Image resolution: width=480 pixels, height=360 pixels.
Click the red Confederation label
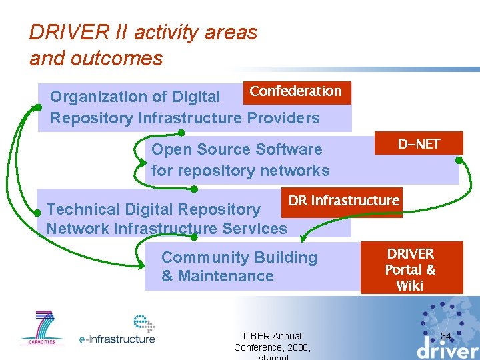[x=295, y=93]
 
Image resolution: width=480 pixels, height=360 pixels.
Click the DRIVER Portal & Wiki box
[x=411, y=269]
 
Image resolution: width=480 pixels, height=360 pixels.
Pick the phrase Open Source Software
[x=237, y=149]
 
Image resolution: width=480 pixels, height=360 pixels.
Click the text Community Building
[x=239, y=257]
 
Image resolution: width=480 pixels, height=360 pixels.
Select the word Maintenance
[x=225, y=276]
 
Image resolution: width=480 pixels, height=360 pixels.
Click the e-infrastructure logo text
[x=117, y=339]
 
